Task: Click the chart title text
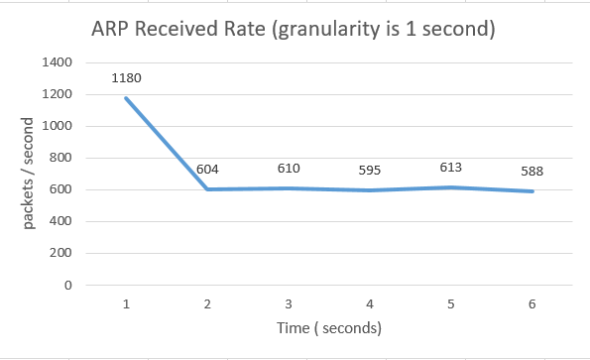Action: coord(294,30)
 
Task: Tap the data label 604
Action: coord(207,170)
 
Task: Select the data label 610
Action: coord(289,168)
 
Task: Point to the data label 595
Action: coord(370,171)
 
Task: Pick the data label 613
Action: coord(451,168)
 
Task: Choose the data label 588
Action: coord(531,172)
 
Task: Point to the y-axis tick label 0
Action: coord(69,285)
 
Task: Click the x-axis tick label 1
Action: coord(127,302)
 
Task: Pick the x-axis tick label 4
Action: coord(370,302)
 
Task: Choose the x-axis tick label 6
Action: coord(532,302)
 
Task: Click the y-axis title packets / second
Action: coord(29,174)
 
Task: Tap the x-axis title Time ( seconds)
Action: coord(330,327)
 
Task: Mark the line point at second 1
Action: coord(127,97)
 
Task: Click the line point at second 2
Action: coord(207,189)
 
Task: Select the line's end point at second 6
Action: coord(532,191)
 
